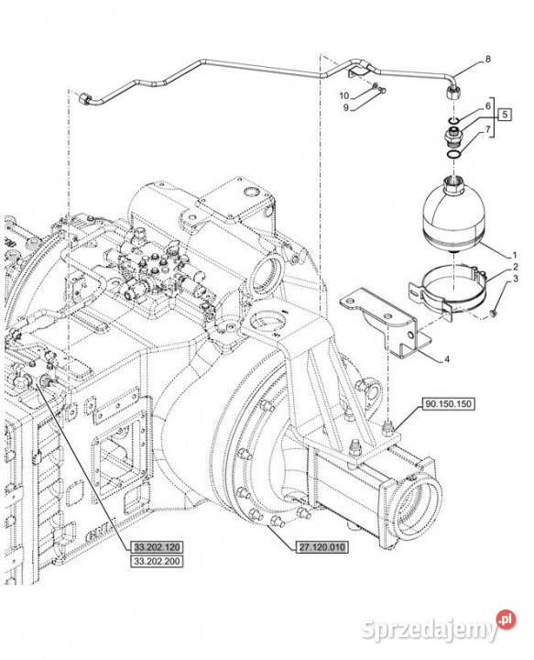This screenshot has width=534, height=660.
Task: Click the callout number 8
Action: pyautogui.click(x=488, y=59)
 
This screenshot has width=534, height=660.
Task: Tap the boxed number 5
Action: pyautogui.click(x=505, y=114)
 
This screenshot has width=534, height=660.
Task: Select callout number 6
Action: pyautogui.click(x=488, y=105)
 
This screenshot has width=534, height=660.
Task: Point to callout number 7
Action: pyautogui.click(x=488, y=129)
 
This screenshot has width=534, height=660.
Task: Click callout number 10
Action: pyautogui.click(x=344, y=96)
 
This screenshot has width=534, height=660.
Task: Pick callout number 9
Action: pyautogui.click(x=345, y=108)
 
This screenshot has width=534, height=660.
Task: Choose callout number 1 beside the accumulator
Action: pyautogui.click(x=514, y=255)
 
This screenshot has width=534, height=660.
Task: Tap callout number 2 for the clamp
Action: pyautogui.click(x=515, y=267)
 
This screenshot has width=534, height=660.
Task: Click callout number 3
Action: pyautogui.click(x=515, y=279)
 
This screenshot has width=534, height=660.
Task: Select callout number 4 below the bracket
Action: pyautogui.click(x=447, y=359)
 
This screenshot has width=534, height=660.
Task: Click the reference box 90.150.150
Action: pyautogui.click(x=448, y=404)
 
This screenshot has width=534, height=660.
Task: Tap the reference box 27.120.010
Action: pyautogui.click(x=321, y=547)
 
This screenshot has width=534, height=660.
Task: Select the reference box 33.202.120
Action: pyautogui.click(x=157, y=547)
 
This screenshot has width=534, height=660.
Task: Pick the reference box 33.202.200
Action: pyautogui.click(x=157, y=561)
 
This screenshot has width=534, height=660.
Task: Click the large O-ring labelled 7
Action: pyautogui.click(x=454, y=155)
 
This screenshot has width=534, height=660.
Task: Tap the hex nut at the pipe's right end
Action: pyautogui.click(x=452, y=93)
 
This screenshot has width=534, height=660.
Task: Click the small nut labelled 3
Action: pyautogui.click(x=493, y=313)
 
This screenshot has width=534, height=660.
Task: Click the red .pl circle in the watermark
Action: pyautogui.click(x=506, y=619)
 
